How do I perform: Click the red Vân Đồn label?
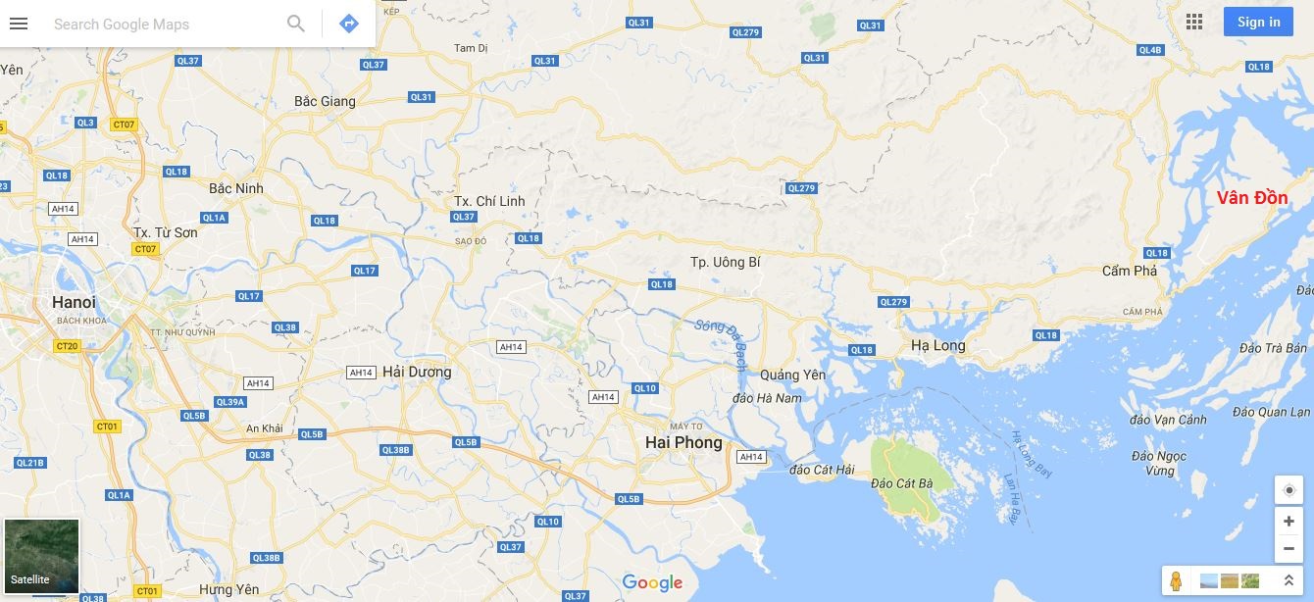coord(1252,198)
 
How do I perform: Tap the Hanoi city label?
coord(74,302)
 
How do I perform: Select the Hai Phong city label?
coord(683,442)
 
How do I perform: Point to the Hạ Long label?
coord(937,345)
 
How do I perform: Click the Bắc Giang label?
coord(325,101)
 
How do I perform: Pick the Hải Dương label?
coord(417,372)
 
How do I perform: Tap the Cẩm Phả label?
coord(1130,271)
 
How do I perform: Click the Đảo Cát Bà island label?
coord(901,483)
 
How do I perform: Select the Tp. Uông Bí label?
coord(725,262)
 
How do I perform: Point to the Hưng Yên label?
coord(228,589)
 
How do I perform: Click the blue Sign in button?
coord(1258,22)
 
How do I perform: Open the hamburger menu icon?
coord(19,24)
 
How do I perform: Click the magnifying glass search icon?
coord(295,24)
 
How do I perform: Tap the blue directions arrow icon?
coord(349,24)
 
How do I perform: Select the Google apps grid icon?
coord(1193,22)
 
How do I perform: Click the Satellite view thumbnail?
coord(41,556)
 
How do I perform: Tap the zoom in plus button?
coord(1289,522)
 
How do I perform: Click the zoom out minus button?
coord(1289,548)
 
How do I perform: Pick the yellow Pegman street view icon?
coord(1176,580)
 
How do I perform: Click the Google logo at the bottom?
coord(652,583)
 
